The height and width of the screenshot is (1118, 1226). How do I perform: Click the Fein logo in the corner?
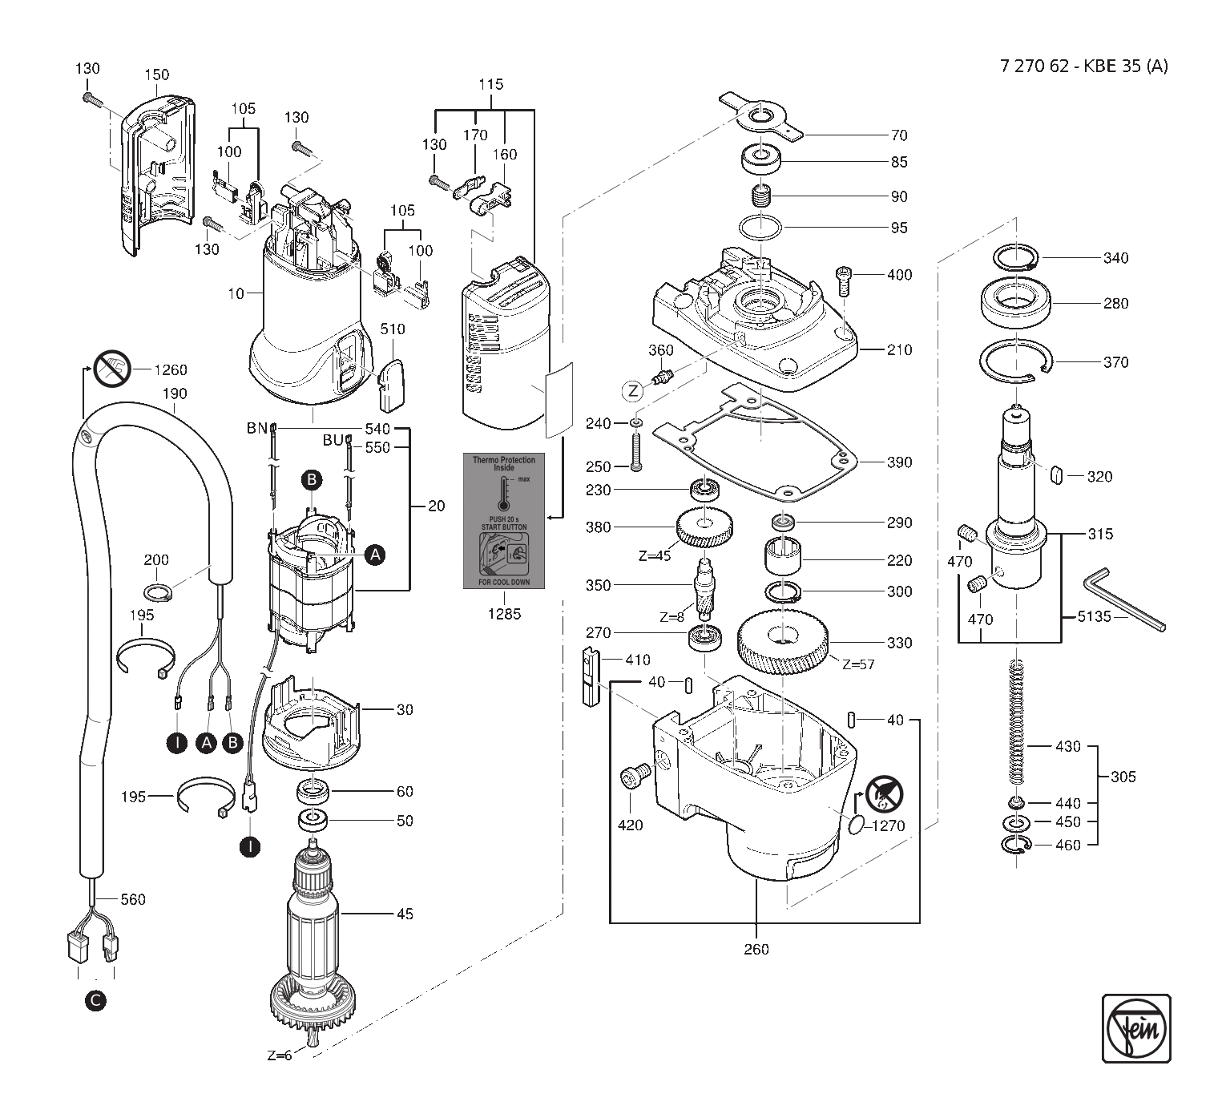tap(1136, 1028)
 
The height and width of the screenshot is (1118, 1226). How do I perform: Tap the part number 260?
tap(756, 949)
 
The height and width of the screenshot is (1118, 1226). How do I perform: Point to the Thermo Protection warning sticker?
tap(503, 521)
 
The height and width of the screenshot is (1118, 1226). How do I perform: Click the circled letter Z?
tap(633, 390)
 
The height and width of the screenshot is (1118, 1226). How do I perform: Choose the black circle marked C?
tap(95, 1001)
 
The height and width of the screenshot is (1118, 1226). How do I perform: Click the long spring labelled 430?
tap(1016, 721)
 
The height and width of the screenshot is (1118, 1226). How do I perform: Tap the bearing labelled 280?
tap(1016, 302)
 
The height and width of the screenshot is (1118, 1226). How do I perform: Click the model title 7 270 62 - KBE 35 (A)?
tap(1083, 66)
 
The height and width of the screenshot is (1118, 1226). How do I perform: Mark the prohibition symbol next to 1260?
tap(112, 369)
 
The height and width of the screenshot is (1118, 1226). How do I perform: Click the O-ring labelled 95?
tap(760, 228)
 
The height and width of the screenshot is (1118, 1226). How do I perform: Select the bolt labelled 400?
tap(844, 281)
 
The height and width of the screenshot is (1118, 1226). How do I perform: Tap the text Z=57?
tap(858, 664)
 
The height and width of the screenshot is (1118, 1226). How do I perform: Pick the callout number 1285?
tap(504, 614)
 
